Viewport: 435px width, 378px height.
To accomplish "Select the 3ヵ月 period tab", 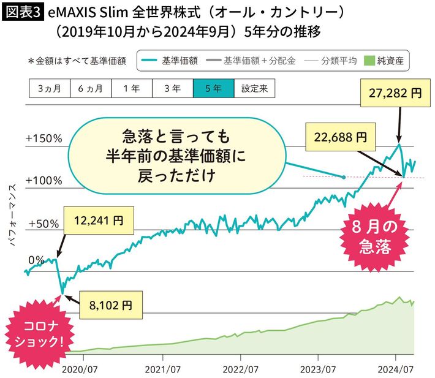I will point(49,88).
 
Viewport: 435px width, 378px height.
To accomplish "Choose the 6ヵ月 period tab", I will point(90,88).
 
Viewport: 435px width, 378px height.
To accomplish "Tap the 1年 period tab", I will point(131,88).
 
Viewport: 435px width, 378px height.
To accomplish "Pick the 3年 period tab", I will point(172,88).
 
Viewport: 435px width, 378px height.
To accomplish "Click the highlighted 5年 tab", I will point(213,88).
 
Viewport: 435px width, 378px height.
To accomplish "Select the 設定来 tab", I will point(254,88).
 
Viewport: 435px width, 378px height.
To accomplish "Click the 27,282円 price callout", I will point(396,93).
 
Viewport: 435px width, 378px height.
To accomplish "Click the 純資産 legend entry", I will point(387,61).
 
